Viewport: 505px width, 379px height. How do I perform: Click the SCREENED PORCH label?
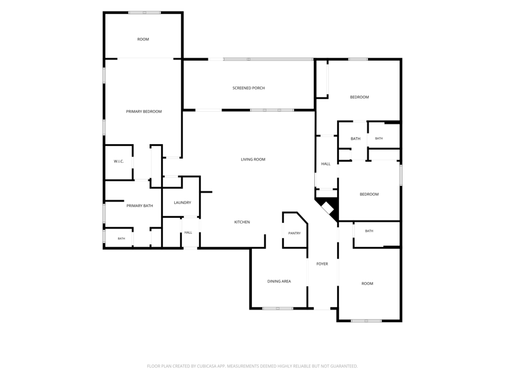tap(249, 88)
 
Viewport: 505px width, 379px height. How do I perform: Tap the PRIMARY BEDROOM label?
tap(144, 112)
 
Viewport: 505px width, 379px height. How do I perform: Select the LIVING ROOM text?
tap(253, 159)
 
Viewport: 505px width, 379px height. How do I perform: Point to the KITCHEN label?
tap(242, 222)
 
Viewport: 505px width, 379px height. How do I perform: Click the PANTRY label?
tap(294, 233)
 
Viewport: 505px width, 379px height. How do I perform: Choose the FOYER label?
tap(322, 264)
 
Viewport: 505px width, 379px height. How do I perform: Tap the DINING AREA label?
tap(279, 281)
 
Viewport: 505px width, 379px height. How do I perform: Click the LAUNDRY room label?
tap(182, 203)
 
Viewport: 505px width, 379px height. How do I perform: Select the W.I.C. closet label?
tap(119, 162)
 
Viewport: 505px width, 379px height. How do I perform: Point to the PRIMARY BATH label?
tap(140, 206)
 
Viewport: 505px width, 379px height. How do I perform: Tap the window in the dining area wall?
tap(278, 308)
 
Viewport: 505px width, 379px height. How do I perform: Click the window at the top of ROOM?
tap(145, 13)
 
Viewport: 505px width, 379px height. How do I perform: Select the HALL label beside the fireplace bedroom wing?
tap(326, 164)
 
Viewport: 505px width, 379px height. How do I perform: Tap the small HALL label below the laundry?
tap(188, 232)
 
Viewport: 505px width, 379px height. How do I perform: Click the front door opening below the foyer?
tap(322, 309)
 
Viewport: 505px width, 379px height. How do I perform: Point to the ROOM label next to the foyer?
tap(367, 284)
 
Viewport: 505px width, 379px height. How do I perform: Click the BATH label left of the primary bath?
tap(121, 239)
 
